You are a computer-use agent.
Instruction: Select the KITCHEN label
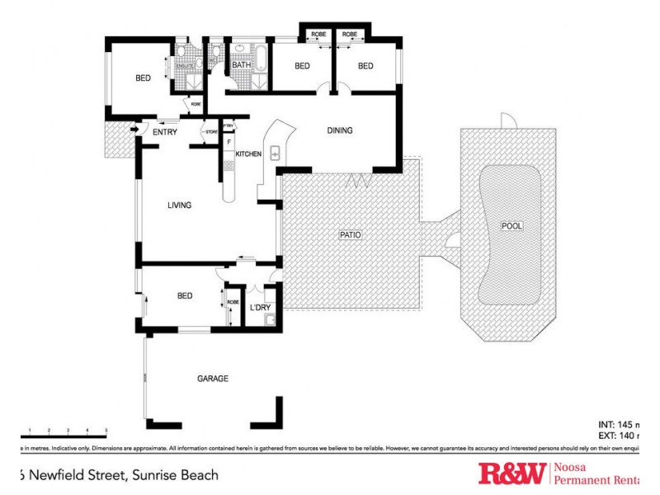[x=248, y=154]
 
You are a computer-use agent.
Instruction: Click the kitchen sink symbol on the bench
[x=276, y=153]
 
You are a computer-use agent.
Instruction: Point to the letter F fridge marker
[x=229, y=142]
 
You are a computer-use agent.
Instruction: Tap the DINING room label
[x=340, y=130]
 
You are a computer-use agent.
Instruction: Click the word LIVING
[x=180, y=205]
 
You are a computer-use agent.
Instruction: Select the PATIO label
[x=351, y=235]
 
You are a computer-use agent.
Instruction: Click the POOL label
[x=511, y=226]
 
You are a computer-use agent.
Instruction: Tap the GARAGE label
[x=212, y=379]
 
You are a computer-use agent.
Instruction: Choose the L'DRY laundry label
[x=261, y=308]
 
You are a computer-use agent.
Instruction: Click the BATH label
[x=241, y=65]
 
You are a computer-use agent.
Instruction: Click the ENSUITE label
[x=184, y=66]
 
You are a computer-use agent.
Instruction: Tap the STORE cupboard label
[x=211, y=130]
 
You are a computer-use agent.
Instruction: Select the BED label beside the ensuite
[x=144, y=78]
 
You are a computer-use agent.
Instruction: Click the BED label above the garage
[x=184, y=295]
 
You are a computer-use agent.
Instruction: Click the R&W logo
[x=511, y=474]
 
